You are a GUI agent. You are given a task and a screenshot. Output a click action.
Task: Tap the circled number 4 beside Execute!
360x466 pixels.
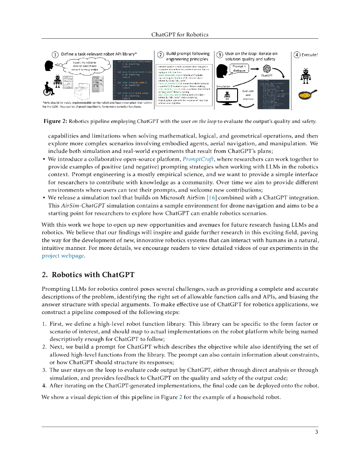point(297,55)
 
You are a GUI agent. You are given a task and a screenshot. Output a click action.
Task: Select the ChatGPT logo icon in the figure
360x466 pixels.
point(266,68)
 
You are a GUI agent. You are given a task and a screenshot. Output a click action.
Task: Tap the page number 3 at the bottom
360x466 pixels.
point(316,432)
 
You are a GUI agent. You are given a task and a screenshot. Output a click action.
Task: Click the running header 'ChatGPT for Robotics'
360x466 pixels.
point(180,35)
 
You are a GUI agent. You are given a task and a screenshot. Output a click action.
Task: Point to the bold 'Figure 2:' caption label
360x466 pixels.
point(55,121)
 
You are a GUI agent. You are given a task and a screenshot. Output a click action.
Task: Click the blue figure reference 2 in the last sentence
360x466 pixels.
point(181,396)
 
